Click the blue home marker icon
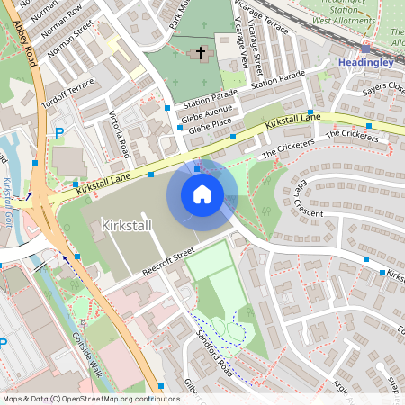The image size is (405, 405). [x=202, y=194]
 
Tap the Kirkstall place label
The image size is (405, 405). [x=126, y=224]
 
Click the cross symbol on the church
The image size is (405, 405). [x=201, y=53]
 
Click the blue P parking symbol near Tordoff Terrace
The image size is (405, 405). [x=59, y=133]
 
